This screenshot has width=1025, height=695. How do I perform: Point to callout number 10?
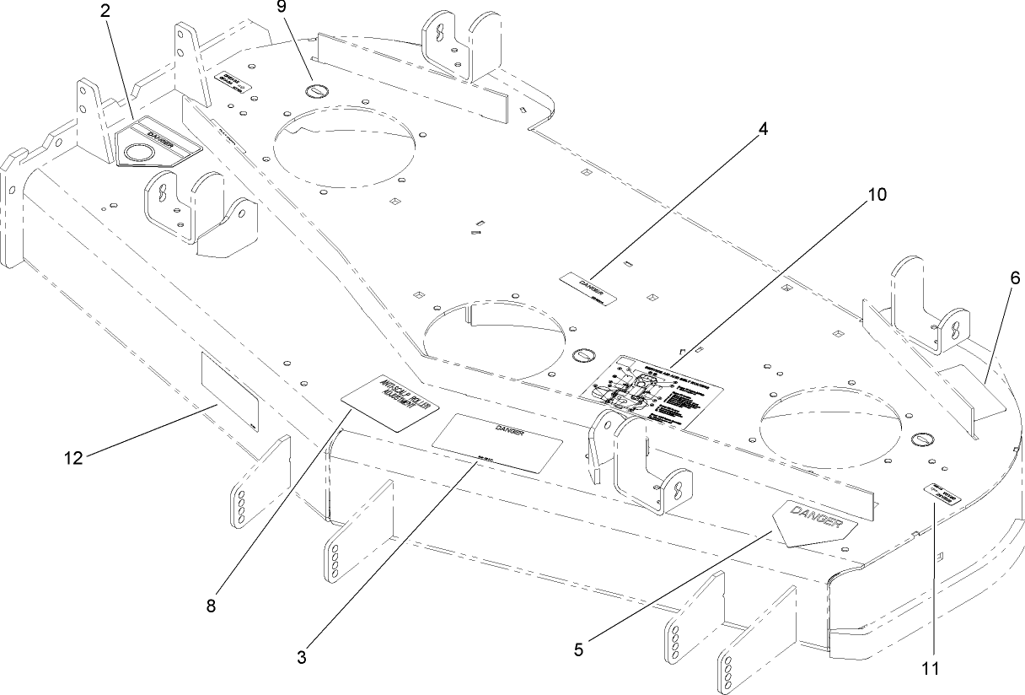[x=876, y=195]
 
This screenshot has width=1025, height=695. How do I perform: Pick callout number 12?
[x=75, y=458]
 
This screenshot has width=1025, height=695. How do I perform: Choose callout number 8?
[x=211, y=605]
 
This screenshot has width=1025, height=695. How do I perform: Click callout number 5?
[x=578, y=649]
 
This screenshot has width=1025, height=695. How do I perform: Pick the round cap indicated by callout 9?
[x=316, y=91]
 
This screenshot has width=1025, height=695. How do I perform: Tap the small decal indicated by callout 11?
[x=942, y=494]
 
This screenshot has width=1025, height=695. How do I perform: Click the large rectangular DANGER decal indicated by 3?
[x=496, y=442]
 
